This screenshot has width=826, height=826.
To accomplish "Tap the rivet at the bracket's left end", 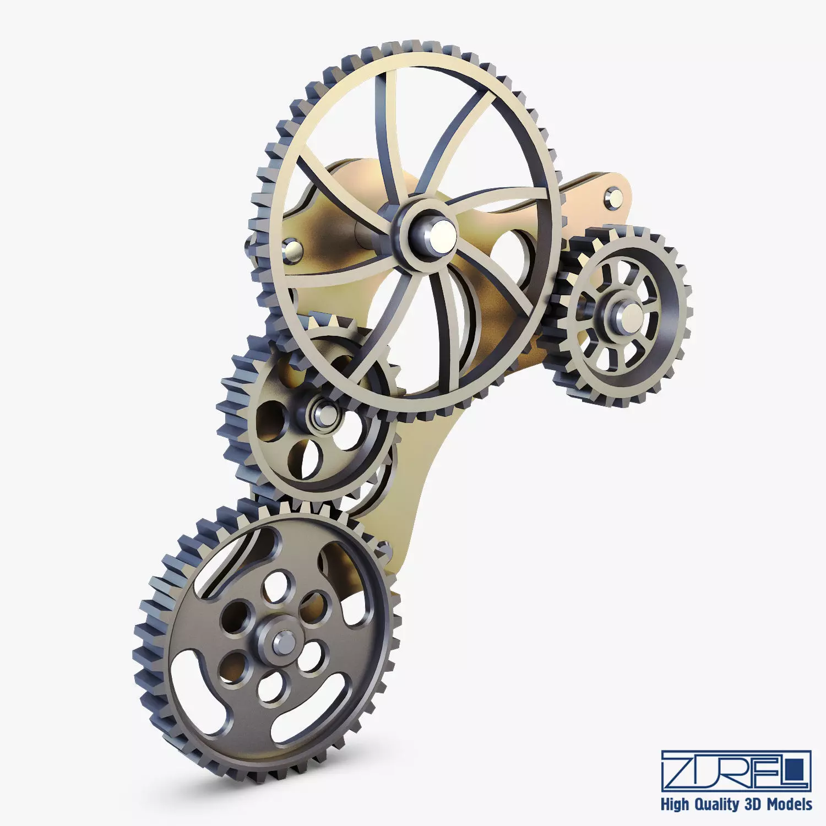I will (291, 251).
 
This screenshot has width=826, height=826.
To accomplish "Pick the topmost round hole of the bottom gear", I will (275, 585).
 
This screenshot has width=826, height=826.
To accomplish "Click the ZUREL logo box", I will (736, 770).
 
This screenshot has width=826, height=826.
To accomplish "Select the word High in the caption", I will (675, 805).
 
